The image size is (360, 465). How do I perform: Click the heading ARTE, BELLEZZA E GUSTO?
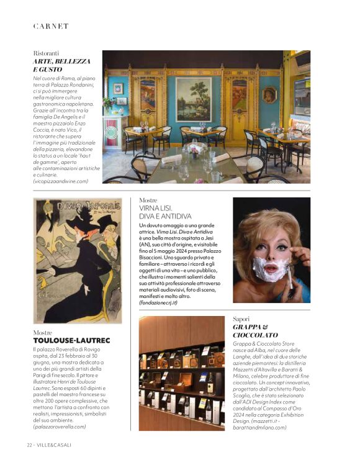click(x=61, y=66)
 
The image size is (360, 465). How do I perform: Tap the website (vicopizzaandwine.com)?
click(x=61, y=181)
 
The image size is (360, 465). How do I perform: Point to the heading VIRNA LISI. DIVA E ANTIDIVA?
click(x=166, y=212)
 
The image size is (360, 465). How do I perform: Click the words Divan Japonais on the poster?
click(x=78, y=206)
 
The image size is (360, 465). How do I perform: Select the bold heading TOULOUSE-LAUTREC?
click(x=71, y=341)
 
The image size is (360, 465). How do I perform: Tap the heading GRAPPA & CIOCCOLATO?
click(x=251, y=331)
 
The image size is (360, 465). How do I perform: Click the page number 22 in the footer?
click(x=29, y=445)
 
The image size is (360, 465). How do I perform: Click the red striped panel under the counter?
click(x=111, y=134)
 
